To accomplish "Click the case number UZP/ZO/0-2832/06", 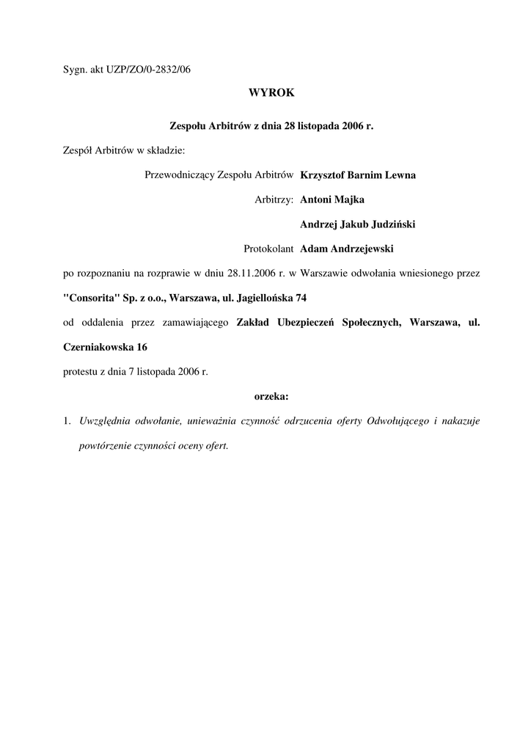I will pos(147,70).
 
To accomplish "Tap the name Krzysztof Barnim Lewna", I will pos(358,175).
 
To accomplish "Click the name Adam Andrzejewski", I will pos(347,249).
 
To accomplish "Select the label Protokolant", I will pos(269,249).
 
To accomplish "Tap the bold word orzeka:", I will pos(271,396).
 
